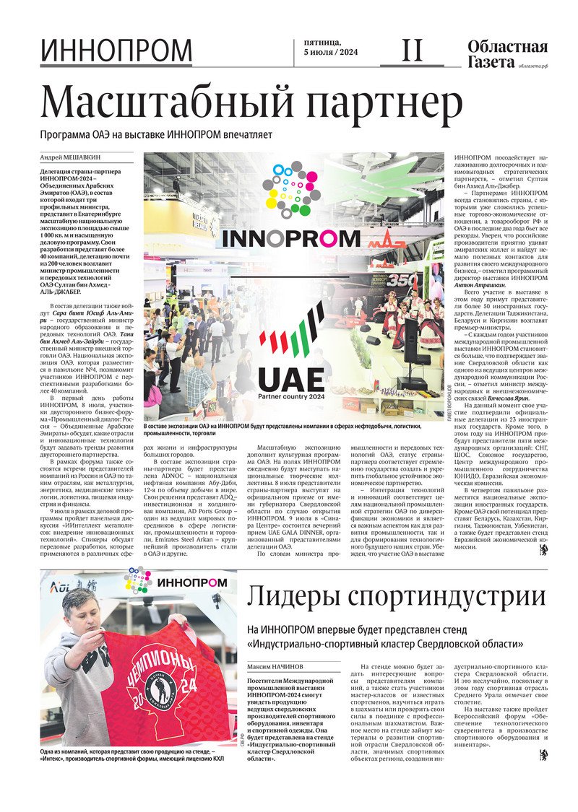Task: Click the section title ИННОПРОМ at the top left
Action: point(116,51)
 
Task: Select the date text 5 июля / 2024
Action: point(331,53)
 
